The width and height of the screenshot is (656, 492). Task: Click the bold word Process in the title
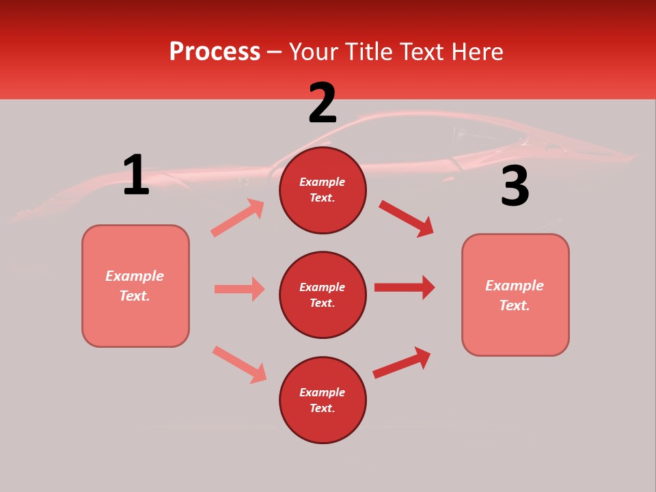pyautogui.click(x=215, y=51)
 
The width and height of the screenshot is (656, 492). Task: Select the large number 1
pyautogui.click(x=136, y=176)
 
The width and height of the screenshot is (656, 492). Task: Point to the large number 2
pyautogui.click(x=323, y=103)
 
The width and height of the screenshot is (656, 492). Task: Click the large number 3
pyautogui.click(x=515, y=187)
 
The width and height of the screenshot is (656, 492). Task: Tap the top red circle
pyautogui.click(x=323, y=190)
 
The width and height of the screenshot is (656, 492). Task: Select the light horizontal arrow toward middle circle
pyautogui.click(x=240, y=289)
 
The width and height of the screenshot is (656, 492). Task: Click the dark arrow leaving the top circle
pyautogui.click(x=407, y=218)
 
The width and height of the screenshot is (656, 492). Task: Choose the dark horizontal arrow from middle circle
pyautogui.click(x=405, y=287)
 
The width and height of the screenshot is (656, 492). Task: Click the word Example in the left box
pyautogui.click(x=135, y=276)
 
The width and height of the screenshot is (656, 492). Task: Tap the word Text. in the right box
pyautogui.click(x=515, y=305)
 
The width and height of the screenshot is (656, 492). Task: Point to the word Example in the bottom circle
pyautogui.click(x=322, y=392)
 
